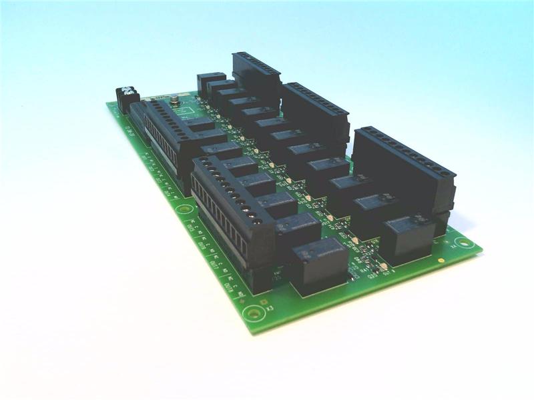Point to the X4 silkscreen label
pos(455,245)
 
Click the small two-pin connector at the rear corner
pos(125,98)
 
